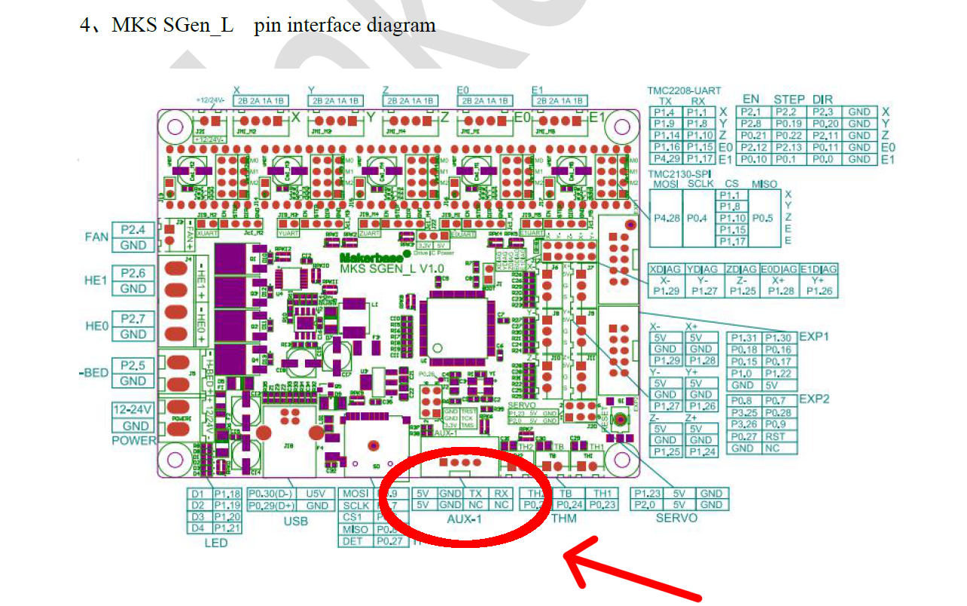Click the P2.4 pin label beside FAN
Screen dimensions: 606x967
click(x=133, y=229)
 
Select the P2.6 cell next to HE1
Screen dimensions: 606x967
click(x=133, y=273)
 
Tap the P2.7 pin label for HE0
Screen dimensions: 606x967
click(x=133, y=318)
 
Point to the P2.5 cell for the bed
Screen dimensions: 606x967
click(x=133, y=366)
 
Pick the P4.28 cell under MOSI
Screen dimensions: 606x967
click(x=664, y=219)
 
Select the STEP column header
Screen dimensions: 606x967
click(x=789, y=99)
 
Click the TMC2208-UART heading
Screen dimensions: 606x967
click(x=679, y=90)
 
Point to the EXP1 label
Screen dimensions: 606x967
click(x=814, y=336)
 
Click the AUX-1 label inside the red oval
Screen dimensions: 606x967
click(x=464, y=519)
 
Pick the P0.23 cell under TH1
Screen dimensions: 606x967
click(x=602, y=505)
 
